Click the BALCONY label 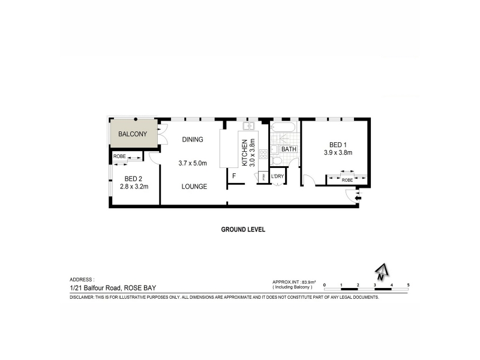coord(132,134)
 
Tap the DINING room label coord(193,139)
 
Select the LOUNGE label coord(194,187)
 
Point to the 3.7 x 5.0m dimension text coord(193,163)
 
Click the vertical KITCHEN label coord(245,152)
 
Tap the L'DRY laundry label coord(277,176)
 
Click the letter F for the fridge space coord(235,176)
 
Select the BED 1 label coord(337,145)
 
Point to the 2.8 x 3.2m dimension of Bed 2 coord(133,187)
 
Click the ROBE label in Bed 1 coord(347,179)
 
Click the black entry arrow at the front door coord(358,197)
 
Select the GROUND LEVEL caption coord(243,229)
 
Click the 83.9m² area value coord(308,281)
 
